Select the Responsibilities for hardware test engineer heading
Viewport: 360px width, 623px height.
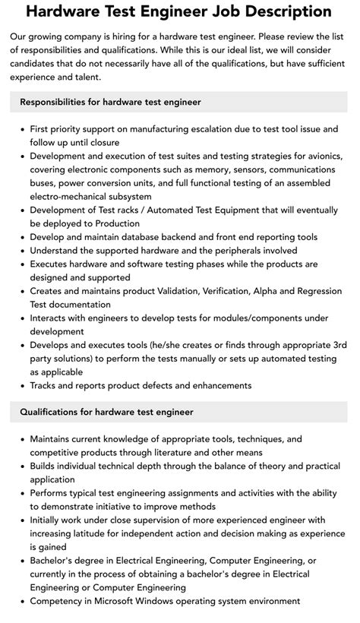[x=111, y=102]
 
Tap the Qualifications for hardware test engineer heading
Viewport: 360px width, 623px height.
[x=107, y=412]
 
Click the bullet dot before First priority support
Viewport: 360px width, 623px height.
[x=21, y=129]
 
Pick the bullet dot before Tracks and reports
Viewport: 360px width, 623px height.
[x=21, y=386]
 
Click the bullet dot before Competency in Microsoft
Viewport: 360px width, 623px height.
[x=21, y=602]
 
